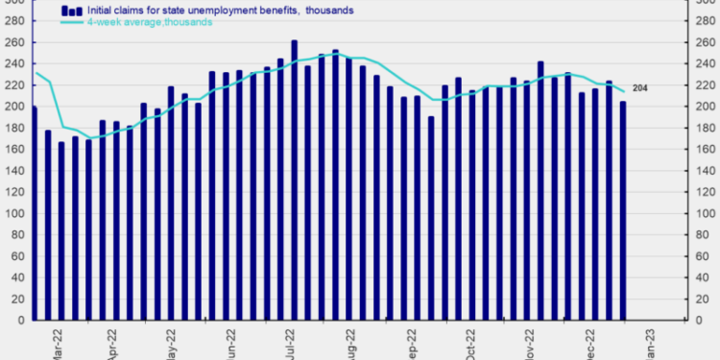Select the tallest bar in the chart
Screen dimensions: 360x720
(x=294, y=180)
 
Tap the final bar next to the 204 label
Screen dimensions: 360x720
(x=622, y=211)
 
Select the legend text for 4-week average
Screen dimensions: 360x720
(x=150, y=21)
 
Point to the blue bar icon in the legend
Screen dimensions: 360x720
(x=71, y=10)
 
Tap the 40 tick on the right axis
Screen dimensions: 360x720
(x=703, y=277)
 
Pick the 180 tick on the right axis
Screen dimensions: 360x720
(x=706, y=129)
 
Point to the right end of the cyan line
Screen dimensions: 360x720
(x=625, y=92)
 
